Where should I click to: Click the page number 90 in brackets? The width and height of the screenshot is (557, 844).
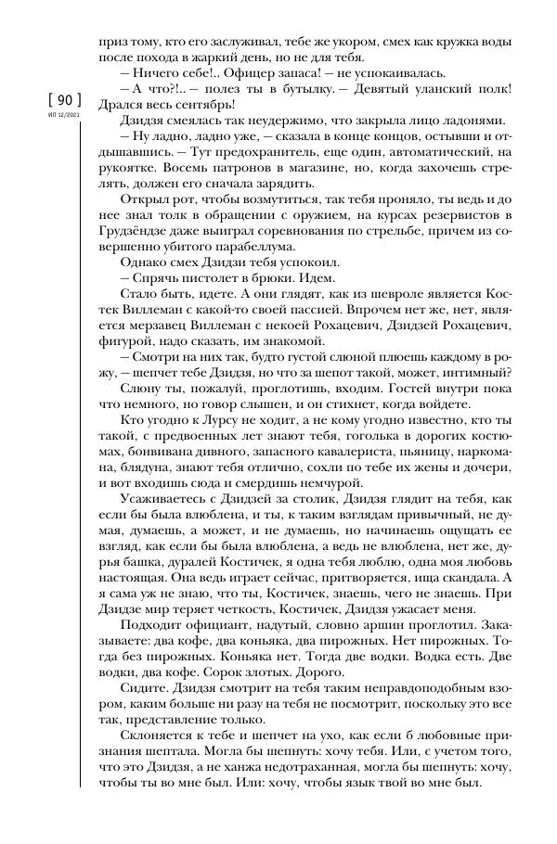tap(58, 99)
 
